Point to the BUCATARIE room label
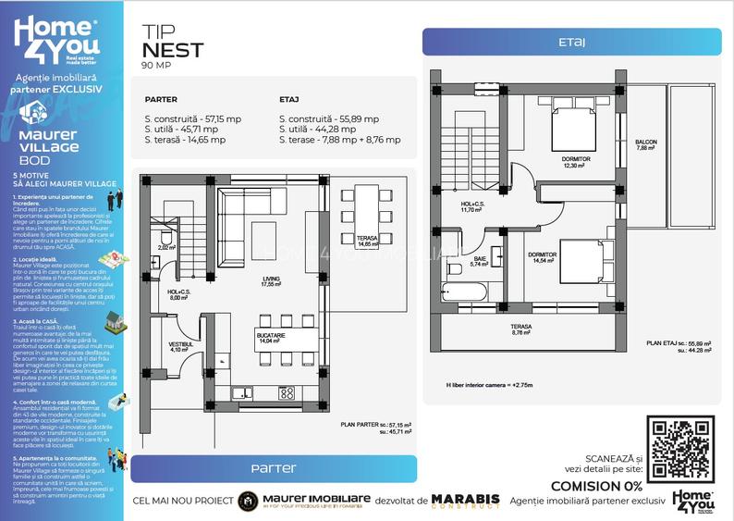click(x=270, y=338)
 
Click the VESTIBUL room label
click(x=179, y=346)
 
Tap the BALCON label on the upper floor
click(x=646, y=145)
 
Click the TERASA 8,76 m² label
click(x=522, y=329)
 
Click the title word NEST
click(x=173, y=50)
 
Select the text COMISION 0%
click(x=596, y=486)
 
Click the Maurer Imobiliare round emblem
click(x=248, y=501)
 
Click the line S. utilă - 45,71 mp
click(x=181, y=130)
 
